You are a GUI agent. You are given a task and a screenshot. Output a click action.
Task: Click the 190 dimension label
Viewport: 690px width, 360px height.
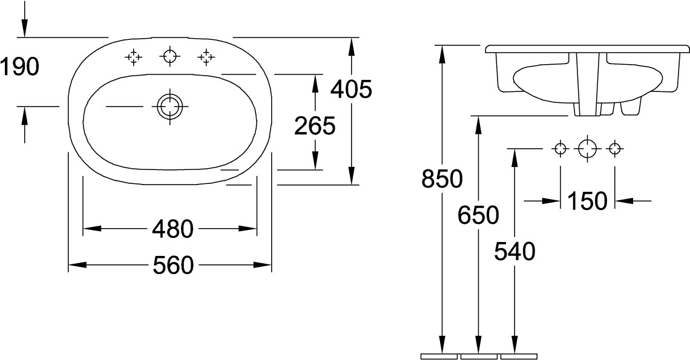[20, 67]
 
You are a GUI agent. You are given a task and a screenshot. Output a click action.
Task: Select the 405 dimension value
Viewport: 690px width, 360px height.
[351, 90]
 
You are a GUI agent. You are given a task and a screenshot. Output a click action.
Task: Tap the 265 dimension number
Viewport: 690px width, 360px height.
[315, 126]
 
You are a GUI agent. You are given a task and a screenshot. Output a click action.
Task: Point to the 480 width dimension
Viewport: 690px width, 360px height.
[173, 229]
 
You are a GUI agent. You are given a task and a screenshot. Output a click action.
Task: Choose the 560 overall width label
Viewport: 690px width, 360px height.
[173, 266]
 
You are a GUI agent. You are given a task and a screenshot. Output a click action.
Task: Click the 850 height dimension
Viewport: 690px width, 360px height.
[442, 179]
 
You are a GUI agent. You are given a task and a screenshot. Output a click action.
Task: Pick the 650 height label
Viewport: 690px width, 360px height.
[478, 215]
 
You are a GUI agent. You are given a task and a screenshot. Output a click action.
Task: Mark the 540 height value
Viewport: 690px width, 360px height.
[514, 252]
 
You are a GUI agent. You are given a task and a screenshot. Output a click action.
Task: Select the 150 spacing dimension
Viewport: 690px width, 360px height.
[587, 201]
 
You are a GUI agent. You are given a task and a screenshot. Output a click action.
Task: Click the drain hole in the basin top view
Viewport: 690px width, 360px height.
[169, 106]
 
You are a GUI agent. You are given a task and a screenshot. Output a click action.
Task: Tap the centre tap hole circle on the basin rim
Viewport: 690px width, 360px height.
[169, 57]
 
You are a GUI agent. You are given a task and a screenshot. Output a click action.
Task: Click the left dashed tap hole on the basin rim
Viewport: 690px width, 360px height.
[133, 57]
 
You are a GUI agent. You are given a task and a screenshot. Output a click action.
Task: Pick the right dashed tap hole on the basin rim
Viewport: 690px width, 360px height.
[206, 57]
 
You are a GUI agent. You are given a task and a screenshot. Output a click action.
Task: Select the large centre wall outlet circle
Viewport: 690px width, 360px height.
[588, 149]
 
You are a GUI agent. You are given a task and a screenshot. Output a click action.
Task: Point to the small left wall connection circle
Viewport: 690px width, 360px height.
[560, 149]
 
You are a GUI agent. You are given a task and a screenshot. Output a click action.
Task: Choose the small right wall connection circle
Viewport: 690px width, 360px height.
[615, 149]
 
